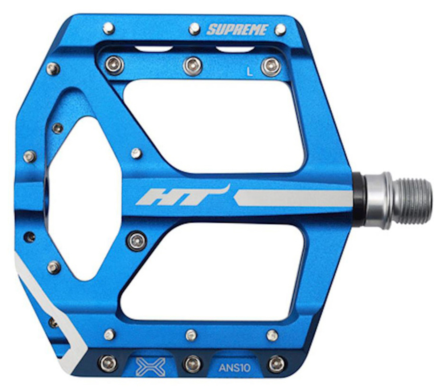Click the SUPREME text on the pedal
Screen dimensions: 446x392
238,30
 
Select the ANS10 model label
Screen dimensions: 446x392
234,368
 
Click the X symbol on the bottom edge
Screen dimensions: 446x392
151,367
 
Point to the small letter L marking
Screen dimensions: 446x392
249,72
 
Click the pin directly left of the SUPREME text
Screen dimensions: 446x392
194,29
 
